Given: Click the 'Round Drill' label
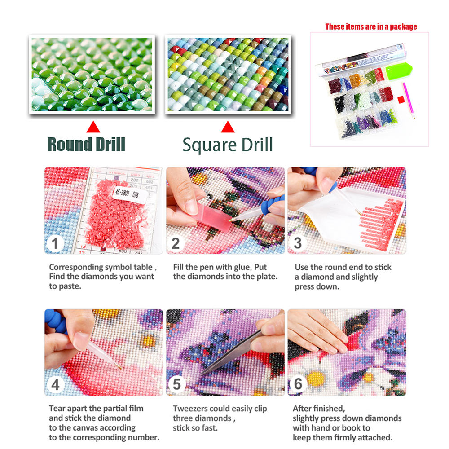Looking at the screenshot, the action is pos(86,144).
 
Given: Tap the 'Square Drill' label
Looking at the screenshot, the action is pos(228,145).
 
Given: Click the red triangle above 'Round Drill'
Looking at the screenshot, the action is pos(93,127).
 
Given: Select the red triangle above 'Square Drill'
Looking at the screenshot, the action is pos(228,127).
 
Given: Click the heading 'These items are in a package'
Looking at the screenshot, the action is pos(371,26).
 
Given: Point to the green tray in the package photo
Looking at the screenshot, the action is pos(399,71).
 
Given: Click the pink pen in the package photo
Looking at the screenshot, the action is pos(409,100).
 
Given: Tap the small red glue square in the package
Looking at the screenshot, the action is pos(401,100).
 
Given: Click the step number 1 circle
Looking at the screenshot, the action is pos(55,244).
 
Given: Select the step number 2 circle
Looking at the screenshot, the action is pos(176,244).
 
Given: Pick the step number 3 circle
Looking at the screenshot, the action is pos(298,243).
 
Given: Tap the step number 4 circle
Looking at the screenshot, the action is pos(55,384).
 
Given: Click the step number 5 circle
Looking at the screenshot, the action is pos(176,384).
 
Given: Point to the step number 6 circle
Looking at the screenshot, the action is pos(298,384).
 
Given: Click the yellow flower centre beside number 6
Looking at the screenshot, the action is pos(316,378).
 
